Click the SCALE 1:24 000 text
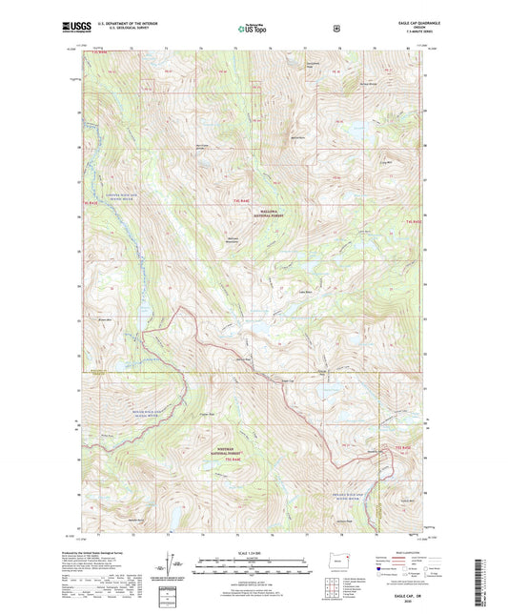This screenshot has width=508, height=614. point(253,553)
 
